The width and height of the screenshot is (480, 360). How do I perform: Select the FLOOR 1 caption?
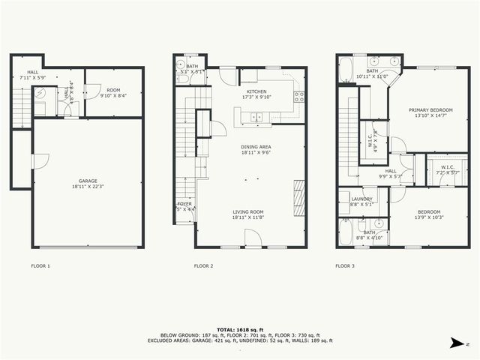pyautogui.click(x=40, y=265)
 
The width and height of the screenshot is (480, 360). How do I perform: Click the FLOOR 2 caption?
pyautogui.click(x=203, y=265)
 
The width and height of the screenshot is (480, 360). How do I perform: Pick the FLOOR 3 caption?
pyautogui.click(x=344, y=265)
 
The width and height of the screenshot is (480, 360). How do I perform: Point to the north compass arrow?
pyautogui.click(x=457, y=343)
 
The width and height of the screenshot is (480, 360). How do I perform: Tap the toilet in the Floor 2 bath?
pyautogui.click(x=180, y=75)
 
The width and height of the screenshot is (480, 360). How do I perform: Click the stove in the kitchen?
pyautogui.click(x=298, y=95)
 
